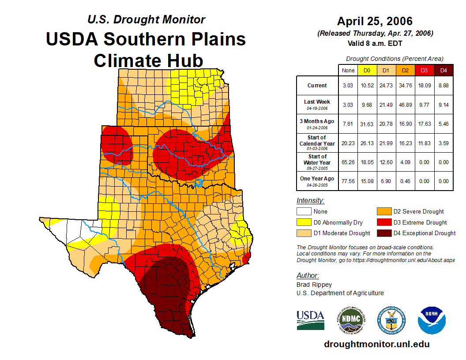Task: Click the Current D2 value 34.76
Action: (x=406, y=86)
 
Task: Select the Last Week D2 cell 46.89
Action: (x=406, y=105)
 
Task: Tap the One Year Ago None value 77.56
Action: (x=348, y=181)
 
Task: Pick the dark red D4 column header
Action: (x=443, y=70)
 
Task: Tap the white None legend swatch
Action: (x=303, y=212)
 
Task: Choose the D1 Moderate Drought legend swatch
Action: (x=303, y=233)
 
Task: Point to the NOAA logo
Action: (x=432, y=320)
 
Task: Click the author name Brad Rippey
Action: (x=314, y=285)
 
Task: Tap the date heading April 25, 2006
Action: (x=375, y=21)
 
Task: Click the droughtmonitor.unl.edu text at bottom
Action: (x=376, y=344)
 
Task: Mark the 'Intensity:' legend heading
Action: (x=310, y=201)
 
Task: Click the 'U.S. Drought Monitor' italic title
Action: (x=147, y=20)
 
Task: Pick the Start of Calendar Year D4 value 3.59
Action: (x=443, y=143)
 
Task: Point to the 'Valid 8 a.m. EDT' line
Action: (x=375, y=43)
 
